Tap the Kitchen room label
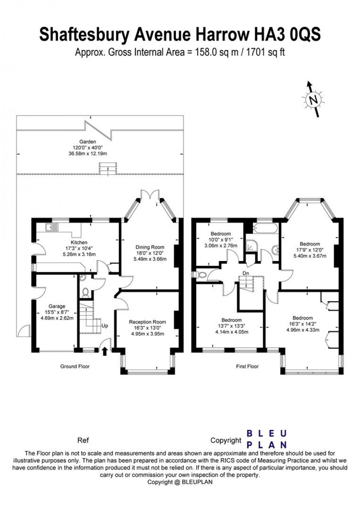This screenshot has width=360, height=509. [x=79, y=242]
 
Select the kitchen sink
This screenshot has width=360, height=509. [x=52, y=227]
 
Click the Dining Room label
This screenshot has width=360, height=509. [x=150, y=247]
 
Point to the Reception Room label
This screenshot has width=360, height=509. [x=148, y=322]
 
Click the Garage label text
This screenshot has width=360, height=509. [x=57, y=306]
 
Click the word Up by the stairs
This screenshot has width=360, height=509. [x=104, y=325]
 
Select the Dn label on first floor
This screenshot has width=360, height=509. [x=246, y=273]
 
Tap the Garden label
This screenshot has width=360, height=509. [x=88, y=142]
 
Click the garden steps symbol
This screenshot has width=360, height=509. [x=108, y=168]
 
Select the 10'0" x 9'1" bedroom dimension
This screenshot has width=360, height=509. [x=221, y=240]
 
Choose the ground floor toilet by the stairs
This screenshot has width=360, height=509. [x=85, y=292]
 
